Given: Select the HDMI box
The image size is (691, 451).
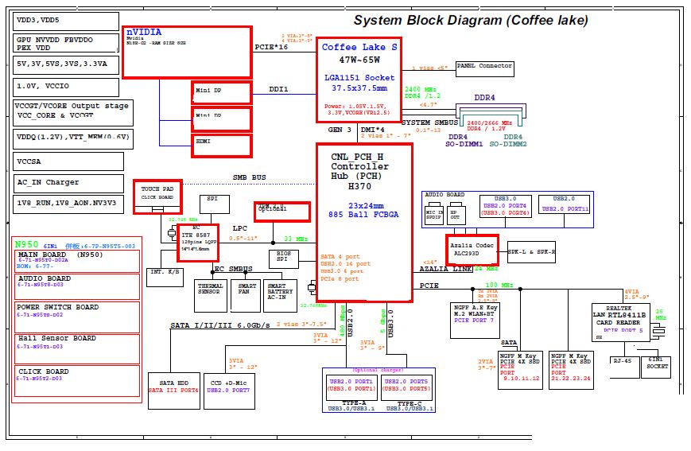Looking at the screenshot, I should click(x=222, y=145).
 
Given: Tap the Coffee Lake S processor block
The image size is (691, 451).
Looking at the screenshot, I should click(x=359, y=78).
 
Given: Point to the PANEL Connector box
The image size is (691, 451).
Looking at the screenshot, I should click(x=485, y=66).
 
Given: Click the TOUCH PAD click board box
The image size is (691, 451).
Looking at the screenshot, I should click(x=157, y=196).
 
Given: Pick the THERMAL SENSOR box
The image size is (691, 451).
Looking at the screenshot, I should click(x=211, y=295).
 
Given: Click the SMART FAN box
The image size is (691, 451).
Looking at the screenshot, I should click(x=247, y=295).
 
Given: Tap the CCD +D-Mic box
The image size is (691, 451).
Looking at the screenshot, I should click(x=230, y=385).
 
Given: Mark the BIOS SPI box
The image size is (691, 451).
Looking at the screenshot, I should click(x=282, y=257).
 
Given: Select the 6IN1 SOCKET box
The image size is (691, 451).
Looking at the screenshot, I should click(x=657, y=363).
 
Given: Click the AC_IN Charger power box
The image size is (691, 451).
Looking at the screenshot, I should click(x=68, y=182).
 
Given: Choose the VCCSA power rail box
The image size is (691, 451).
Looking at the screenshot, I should click(x=68, y=161).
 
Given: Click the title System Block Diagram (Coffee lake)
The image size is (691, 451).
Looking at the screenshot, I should click(x=471, y=21).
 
